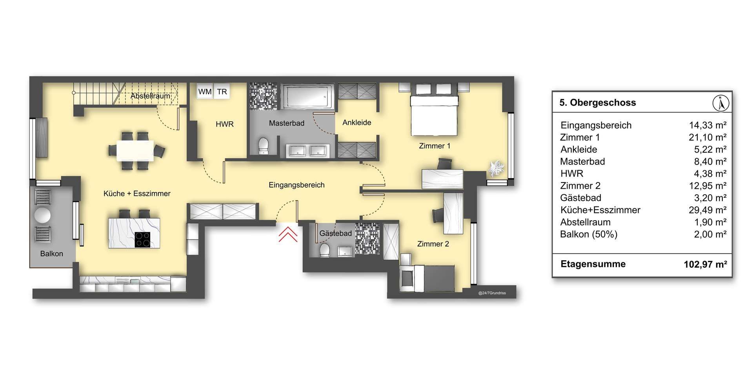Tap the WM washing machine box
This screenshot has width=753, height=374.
[205, 92]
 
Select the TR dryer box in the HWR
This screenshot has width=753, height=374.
[222, 92]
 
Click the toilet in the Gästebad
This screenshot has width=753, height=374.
[325, 250]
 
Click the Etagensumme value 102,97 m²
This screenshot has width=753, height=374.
[705, 264]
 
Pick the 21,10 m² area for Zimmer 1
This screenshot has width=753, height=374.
[708, 137]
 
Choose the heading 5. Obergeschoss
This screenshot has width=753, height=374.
[598, 102]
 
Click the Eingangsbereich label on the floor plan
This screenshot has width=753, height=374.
[296, 185]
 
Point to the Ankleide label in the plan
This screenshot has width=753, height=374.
[357, 122]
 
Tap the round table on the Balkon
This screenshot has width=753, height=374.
[42, 215]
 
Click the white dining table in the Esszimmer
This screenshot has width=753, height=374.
[135, 151]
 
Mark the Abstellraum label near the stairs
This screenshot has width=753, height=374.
[150, 96]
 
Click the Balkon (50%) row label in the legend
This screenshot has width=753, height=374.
[589, 234]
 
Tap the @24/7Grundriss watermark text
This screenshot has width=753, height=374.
[492, 293]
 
